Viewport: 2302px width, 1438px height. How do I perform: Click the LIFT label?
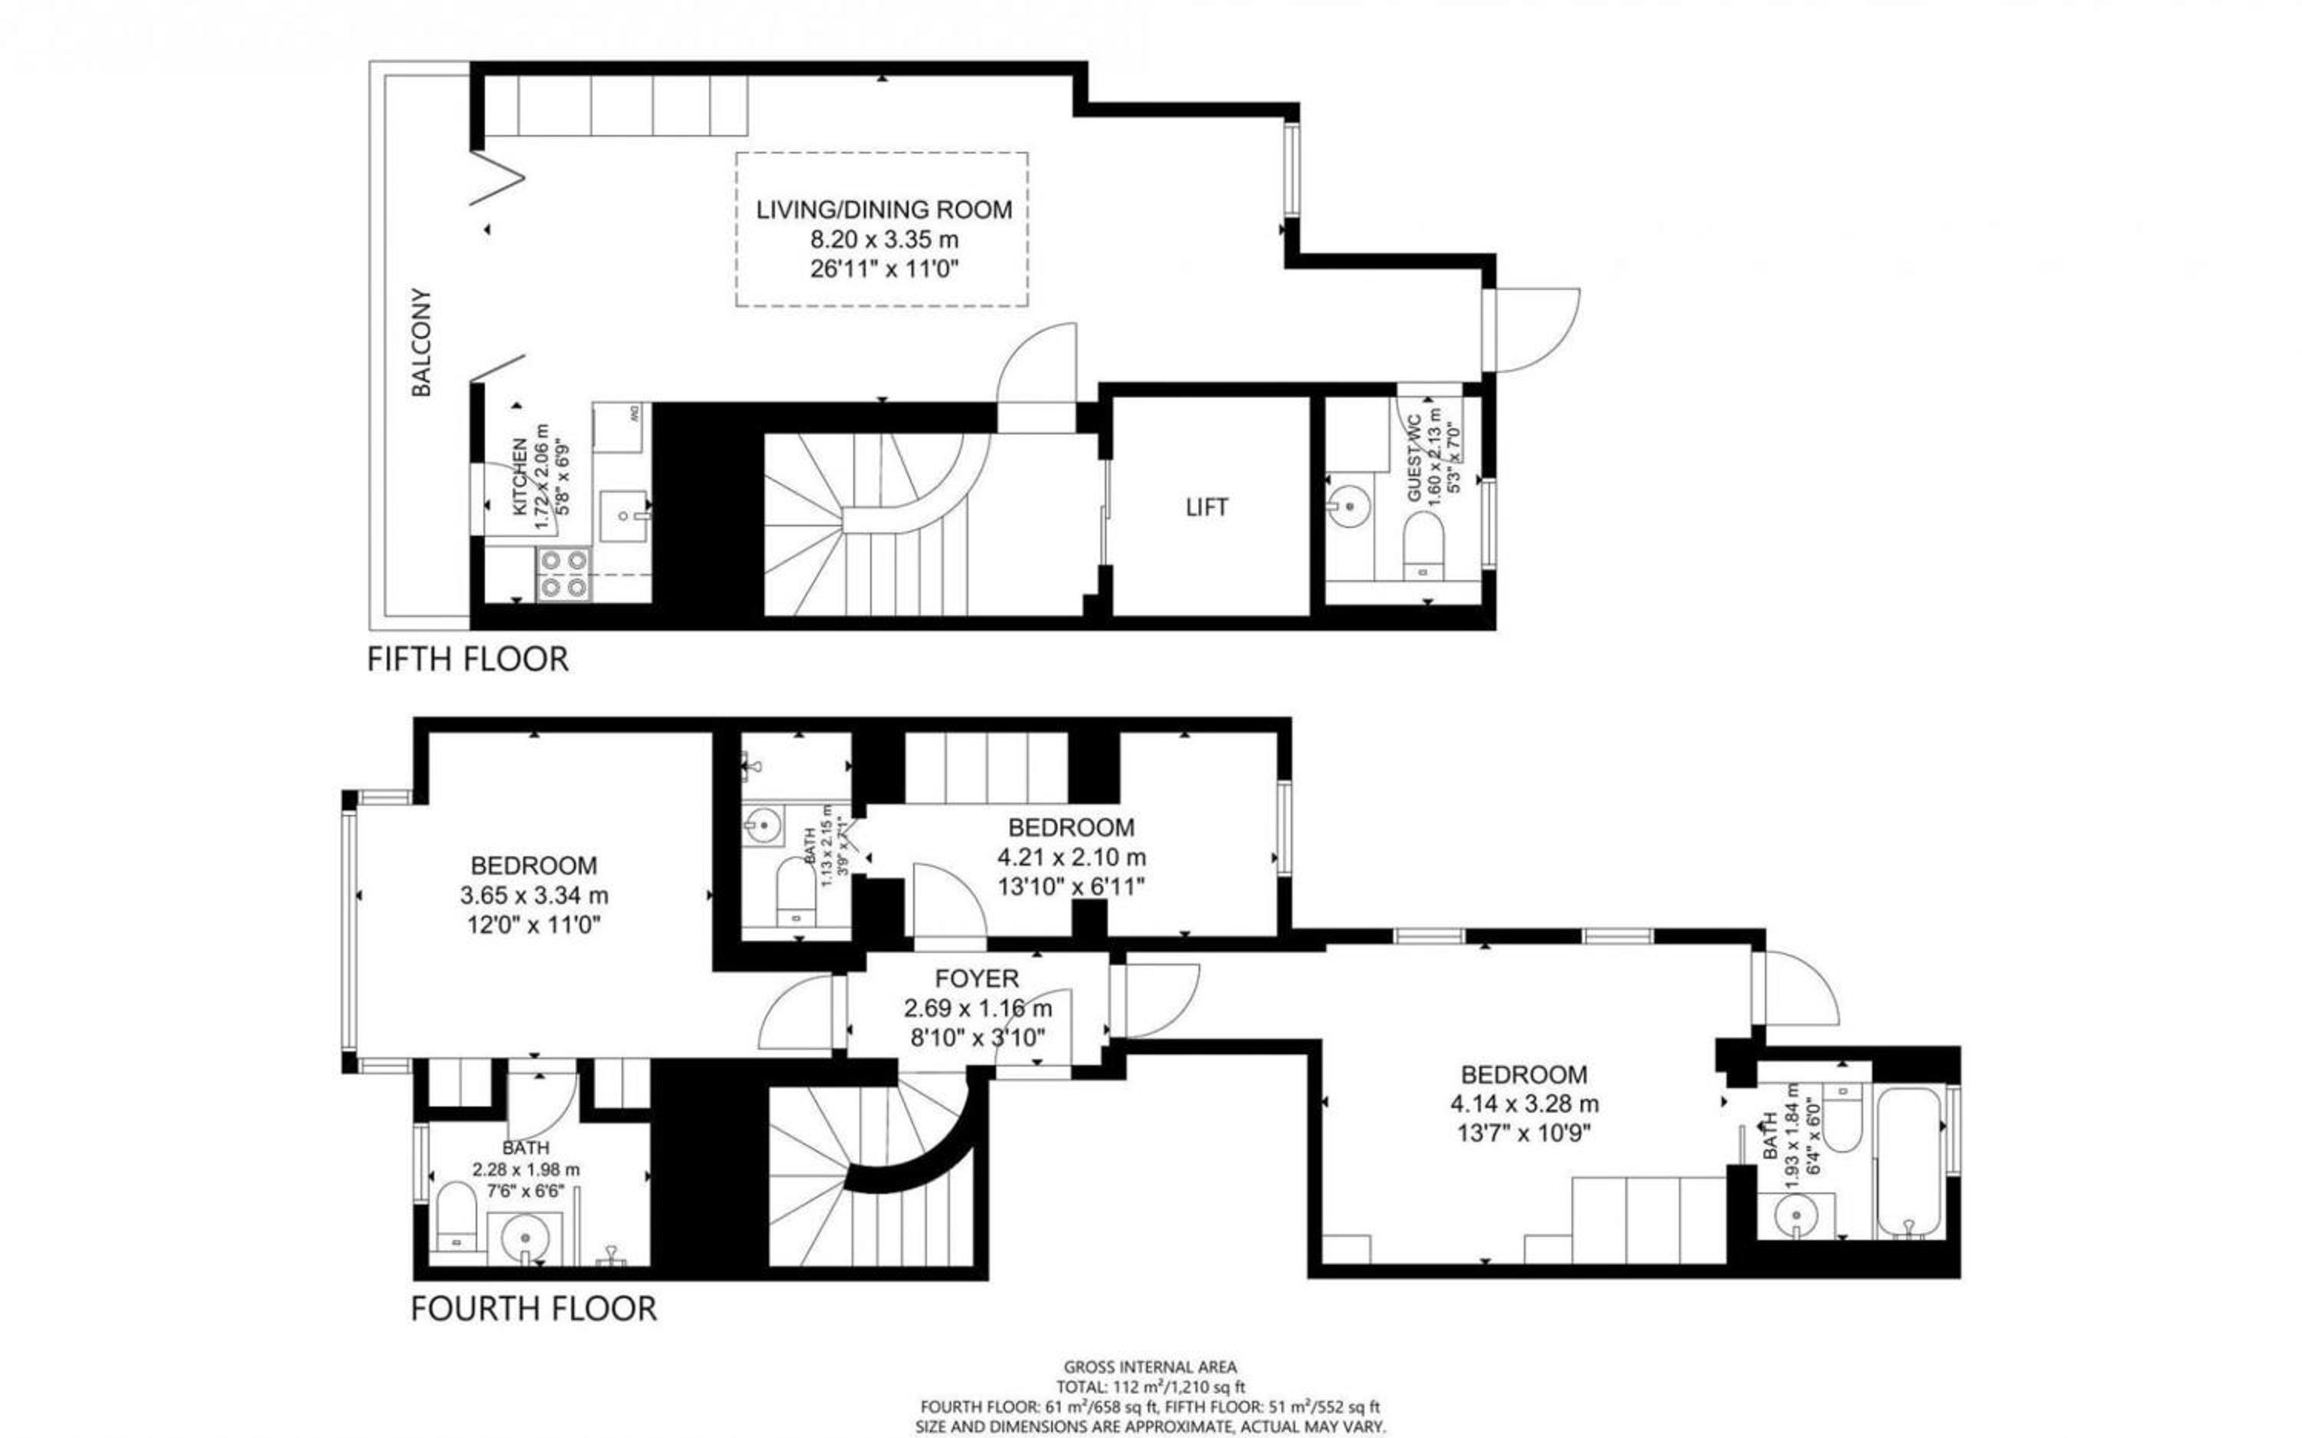click(x=1206, y=508)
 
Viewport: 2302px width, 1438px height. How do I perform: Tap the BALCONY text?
click(x=421, y=342)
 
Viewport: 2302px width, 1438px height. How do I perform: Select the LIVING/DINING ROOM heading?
click(x=884, y=210)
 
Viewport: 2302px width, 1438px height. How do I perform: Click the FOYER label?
click(x=977, y=978)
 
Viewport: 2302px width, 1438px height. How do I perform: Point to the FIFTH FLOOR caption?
click(x=468, y=659)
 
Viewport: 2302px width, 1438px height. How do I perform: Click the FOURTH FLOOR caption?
click(x=533, y=1308)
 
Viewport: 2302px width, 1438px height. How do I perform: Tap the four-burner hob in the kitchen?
click(x=563, y=575)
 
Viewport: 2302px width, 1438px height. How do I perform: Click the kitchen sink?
click(x=624, y=516)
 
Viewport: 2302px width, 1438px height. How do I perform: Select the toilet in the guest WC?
click(x=1423, y=548)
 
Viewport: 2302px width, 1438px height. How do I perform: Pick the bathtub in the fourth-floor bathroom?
click(x=1910, y=1163)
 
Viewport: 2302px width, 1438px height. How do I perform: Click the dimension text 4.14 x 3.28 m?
click(x=1524, y=1104)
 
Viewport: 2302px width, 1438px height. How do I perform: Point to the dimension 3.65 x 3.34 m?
click(x=534, y=895)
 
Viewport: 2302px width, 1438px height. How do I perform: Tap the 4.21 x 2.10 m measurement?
click(x=1072, y=857)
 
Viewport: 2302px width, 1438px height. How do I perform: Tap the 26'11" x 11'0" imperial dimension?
click(x=884, y=269)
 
